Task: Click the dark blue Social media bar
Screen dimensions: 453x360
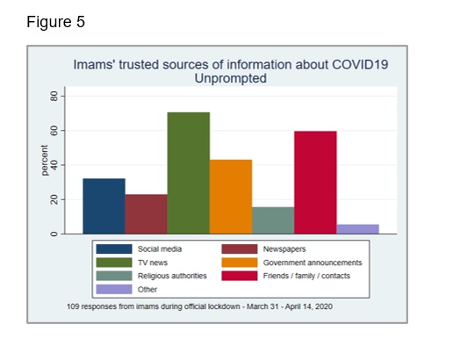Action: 104,206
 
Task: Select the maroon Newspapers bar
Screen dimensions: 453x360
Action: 146,214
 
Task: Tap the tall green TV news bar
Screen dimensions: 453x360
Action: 189,173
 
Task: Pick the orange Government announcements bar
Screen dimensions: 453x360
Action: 231,197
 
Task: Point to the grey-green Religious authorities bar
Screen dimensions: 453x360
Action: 273,220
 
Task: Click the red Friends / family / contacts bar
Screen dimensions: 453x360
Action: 315,183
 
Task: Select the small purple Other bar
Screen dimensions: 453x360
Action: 357,229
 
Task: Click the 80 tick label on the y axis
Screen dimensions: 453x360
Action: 54,96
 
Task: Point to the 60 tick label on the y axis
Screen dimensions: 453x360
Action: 54,131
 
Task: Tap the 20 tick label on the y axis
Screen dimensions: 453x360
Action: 54,199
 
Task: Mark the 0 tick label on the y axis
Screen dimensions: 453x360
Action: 54,234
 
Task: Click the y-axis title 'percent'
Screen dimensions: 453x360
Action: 44,161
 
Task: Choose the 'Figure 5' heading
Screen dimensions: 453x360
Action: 55,22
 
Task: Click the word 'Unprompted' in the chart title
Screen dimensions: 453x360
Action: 231,78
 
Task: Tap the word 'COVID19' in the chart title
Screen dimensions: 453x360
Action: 360,64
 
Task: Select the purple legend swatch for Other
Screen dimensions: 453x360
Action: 114,289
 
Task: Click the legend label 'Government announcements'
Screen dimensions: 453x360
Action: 313,263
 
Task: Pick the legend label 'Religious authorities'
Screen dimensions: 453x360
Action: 172,276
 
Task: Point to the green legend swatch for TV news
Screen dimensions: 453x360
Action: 114,263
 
